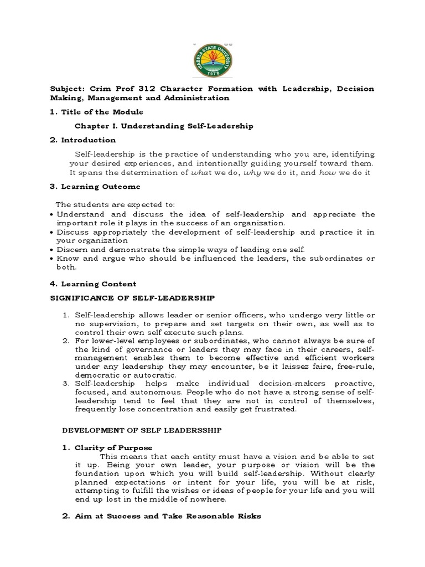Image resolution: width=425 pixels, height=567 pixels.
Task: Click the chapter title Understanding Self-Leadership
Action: click(188, 126)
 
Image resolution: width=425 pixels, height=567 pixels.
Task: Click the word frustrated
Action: click(275, 410)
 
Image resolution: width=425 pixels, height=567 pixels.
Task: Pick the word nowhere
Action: click(207, 500)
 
